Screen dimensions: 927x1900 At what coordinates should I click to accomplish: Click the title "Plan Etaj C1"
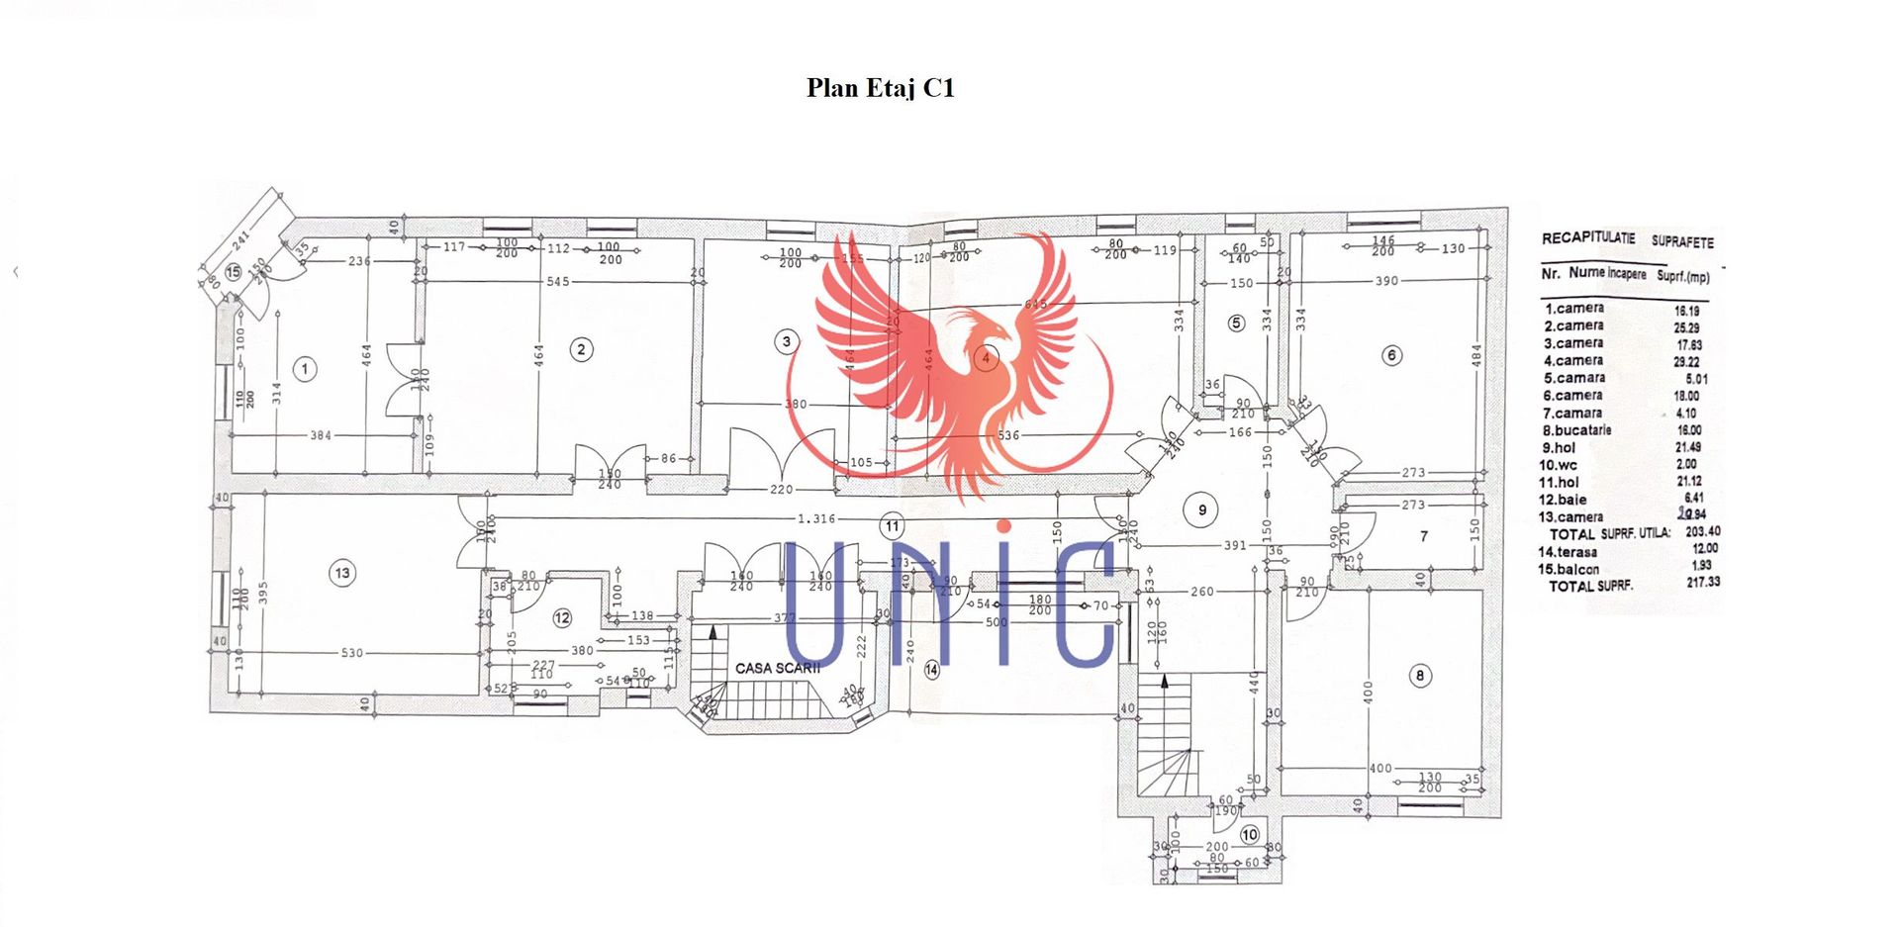[880, 88]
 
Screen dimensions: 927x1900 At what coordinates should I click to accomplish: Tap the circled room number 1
[305, 369]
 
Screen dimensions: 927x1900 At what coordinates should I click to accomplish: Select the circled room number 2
[581, 349]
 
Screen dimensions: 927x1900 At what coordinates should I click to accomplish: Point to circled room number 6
[1391, 355]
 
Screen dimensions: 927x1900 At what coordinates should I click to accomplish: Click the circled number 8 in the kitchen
[1420, 676]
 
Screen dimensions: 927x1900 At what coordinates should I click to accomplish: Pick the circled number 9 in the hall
[1202, 510]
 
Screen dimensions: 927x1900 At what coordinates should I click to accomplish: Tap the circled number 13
[342, 573]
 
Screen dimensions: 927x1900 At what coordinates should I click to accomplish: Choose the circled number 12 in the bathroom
[562, 618]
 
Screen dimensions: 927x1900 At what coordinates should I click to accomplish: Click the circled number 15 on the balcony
[234, 272]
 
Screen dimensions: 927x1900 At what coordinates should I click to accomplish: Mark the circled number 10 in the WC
[1250, 835]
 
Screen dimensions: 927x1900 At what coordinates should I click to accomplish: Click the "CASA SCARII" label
[777, 668]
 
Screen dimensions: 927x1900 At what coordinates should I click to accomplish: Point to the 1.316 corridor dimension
[816, 518]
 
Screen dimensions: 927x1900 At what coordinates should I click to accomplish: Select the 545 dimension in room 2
[558, 282]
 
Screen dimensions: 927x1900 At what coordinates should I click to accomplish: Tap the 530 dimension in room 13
[351, 653]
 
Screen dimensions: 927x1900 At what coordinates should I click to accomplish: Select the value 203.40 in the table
[1702, 531]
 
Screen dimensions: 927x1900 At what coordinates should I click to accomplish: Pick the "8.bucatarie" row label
[1576, 430]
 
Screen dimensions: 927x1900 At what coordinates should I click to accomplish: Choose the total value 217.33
[1703, 582]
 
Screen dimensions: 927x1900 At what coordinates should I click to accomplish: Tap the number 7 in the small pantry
[1423, 536]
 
